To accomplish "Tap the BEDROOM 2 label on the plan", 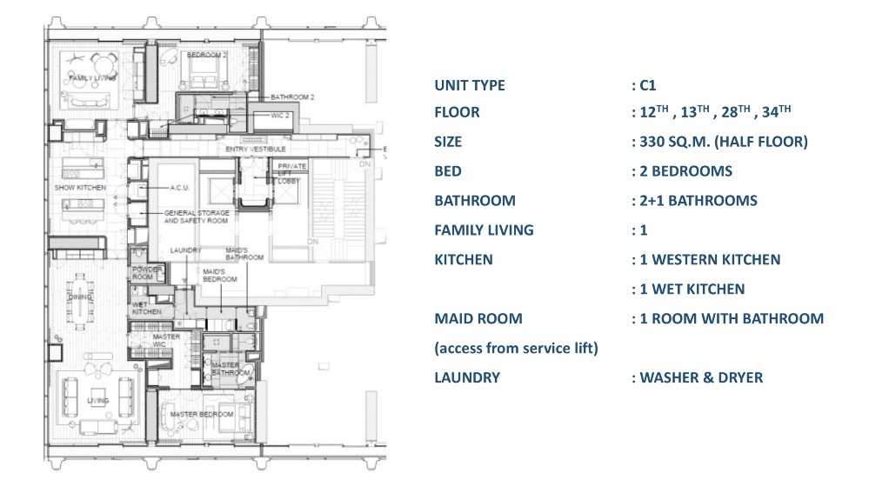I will [207, 55].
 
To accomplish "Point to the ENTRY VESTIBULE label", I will [256, 150].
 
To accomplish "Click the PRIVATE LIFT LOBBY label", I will [292, 172].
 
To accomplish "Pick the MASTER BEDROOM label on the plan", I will [201, 414].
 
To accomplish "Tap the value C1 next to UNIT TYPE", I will [646, 85].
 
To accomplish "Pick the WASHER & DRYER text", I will [701, 377].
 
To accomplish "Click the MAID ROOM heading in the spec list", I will [478, 318].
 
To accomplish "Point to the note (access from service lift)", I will [515, 348].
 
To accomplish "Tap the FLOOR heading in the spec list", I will [457, 113].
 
